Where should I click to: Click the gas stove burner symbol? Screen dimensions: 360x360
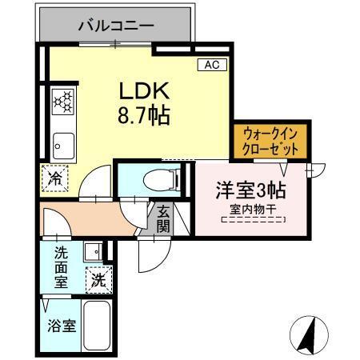(62, 102)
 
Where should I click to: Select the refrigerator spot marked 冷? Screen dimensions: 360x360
(55, 177)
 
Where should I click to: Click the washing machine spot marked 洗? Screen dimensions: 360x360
(98, 280)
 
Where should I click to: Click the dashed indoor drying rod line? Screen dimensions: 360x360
(252, 219)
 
